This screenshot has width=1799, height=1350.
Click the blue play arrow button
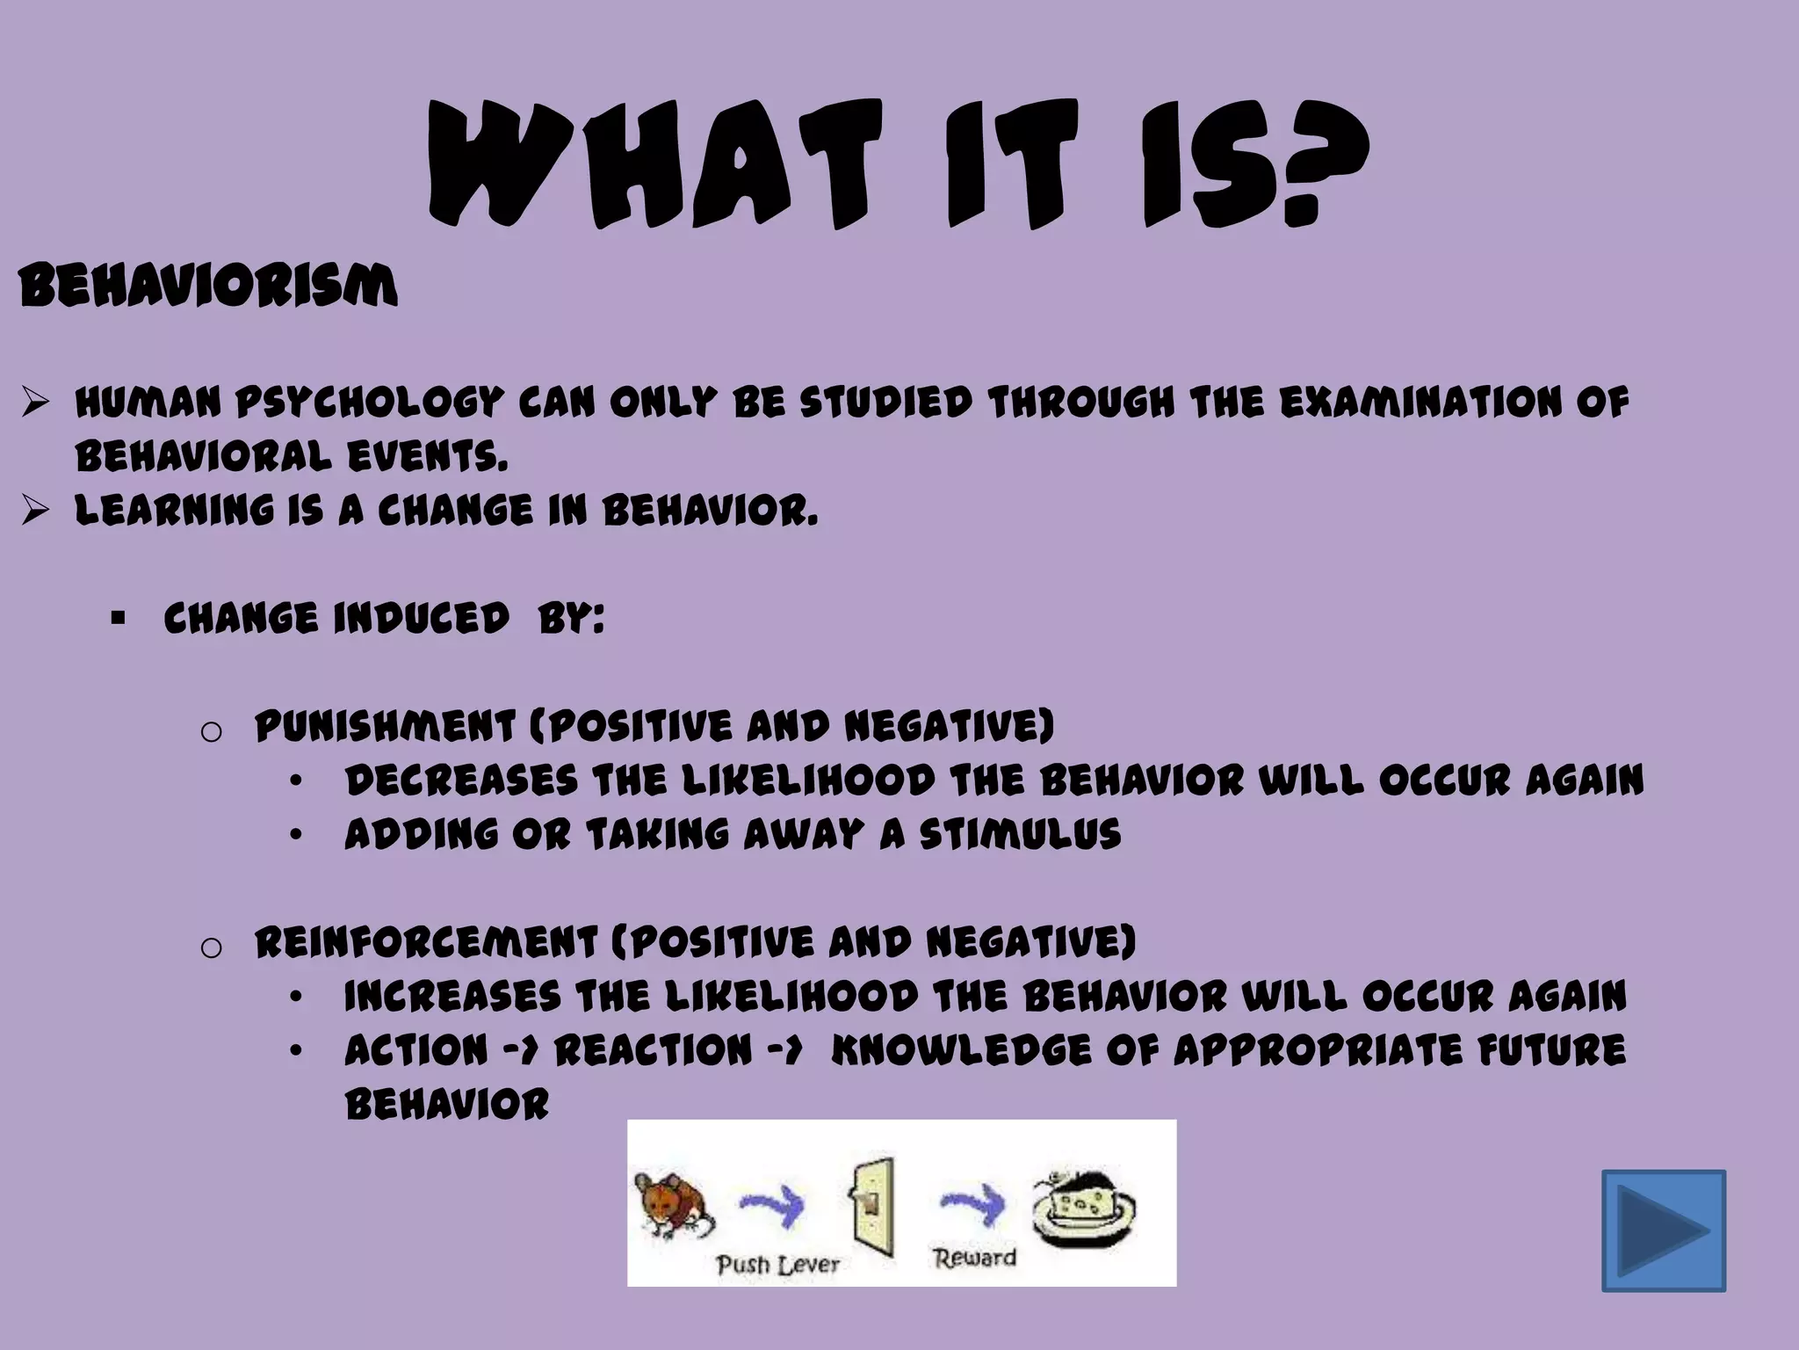click(x=1664, y=1230)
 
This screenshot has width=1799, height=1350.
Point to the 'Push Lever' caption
click(x=778, y=1265)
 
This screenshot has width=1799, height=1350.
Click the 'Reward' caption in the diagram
click(x=975, y=1258)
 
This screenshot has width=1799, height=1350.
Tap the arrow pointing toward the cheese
click(x=974, y=1202)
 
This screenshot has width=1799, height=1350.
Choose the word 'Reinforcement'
click(x=427, y=943)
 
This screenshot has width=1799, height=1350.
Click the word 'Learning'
click(x=175, y=511)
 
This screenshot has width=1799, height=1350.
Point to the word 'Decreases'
click(x=462, y=781)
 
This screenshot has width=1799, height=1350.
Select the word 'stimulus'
click(x=1021, y=834)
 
